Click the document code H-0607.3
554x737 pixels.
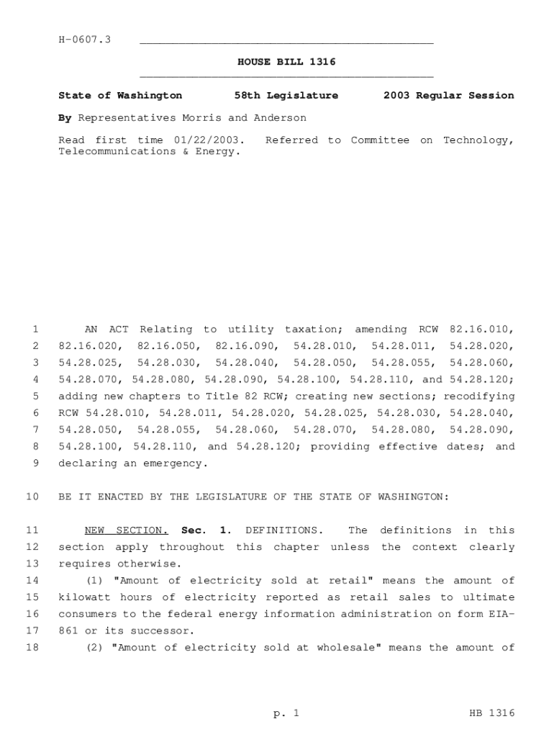pyautogui.click(x=84, y=39)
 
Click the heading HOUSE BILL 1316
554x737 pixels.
pyautogui.click(x=286, y=62)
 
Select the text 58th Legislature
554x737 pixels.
pyautogui.click(x=286, y=95)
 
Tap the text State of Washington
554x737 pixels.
pyautogui.click(x=120, y=95)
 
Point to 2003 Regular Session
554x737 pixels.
pyautogui.click(x=449, y=95)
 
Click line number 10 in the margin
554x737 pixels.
pyautogui.click(x=32, y=497)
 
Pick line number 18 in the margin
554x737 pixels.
pyautogui.click(x=32, y=647)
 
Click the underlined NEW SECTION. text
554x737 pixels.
pyautogui.click(x=127, y=530)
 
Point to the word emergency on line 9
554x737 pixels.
pyautogui.click(x=178, y=464)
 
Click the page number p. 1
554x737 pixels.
pyautogui.click(x=286, y=713)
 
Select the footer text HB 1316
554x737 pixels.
pyautogui.click(x=491, y=713)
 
